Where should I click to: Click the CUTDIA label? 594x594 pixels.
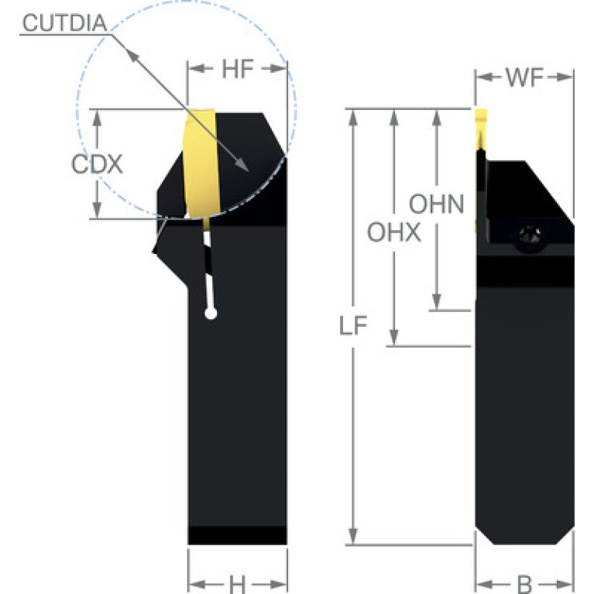coord(65,22)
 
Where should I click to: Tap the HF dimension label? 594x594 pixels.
coord(238,70)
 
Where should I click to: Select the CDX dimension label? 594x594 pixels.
coord(97,164)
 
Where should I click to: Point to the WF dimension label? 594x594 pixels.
coord(524,77)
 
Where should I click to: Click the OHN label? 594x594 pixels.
coord(437,204)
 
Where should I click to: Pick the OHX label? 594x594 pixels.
coord(394,232)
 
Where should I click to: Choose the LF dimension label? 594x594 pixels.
coord(353,325)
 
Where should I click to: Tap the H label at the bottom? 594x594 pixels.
coord(238,584)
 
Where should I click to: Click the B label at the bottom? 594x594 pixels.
coord(524,584)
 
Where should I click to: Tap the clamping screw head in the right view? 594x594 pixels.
coord(530,238)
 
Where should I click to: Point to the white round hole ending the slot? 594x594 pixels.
coord(211,314)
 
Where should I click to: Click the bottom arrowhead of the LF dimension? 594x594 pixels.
coord(353,537)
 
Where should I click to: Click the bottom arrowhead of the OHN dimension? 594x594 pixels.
coord(437,302)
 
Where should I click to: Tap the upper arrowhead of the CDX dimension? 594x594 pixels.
coord(98,118)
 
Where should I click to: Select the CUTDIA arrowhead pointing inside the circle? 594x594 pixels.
coord(242,165)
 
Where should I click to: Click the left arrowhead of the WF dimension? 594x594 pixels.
coord(484,77)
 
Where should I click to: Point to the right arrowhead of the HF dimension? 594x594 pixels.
coord(278,69)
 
